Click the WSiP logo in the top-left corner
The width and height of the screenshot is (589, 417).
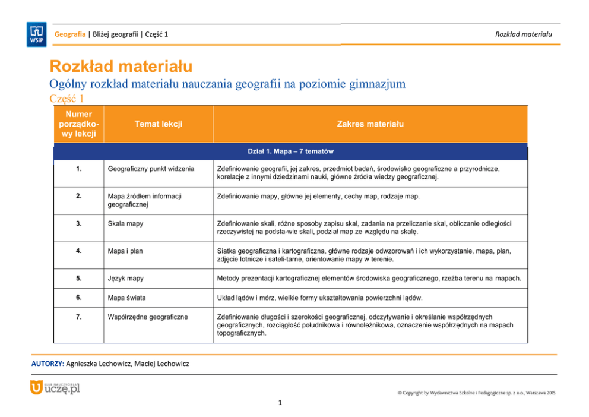pos(36,34)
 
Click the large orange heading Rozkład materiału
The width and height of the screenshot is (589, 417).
pos(121,65)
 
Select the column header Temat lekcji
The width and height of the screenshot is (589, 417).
pos(158,124)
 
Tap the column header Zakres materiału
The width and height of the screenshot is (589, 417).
pos(370,124)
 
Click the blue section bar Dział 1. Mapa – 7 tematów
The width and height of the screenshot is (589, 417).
pos(290,151)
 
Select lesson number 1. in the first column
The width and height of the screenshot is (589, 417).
pos(79,169)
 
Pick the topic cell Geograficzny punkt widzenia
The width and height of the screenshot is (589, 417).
pos(151,169)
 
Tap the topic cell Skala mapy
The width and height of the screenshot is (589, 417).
pos(125,223)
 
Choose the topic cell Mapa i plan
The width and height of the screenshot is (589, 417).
pos(125,251)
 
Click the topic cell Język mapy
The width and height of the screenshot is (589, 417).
pos(125,278)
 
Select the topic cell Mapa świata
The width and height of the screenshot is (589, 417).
pos(126,297)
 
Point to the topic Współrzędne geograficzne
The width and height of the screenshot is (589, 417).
pos(148,317)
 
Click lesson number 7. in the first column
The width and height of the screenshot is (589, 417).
pos(79,317)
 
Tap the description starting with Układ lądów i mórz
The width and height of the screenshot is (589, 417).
pos(320,297)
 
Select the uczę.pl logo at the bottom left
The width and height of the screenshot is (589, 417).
pos(55,389)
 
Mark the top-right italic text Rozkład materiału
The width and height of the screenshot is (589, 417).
pos(523,34)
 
